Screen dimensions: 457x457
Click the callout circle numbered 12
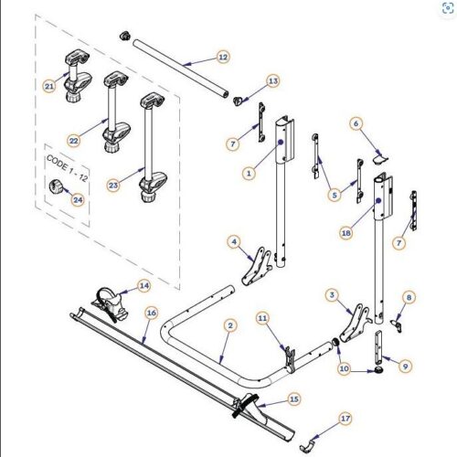tap(222, 57)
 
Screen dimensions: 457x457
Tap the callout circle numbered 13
tap(272, 81)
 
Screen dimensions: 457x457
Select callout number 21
tap(50, 86)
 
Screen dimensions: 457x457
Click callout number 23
tap(114, 185)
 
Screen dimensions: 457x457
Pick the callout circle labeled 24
tap(78, 198)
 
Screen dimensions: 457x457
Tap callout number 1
tap(248, 172)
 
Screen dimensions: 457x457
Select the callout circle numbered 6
tap(357, 122)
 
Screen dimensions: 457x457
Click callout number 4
tap(235, 242)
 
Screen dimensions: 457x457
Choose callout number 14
tap(144, 285)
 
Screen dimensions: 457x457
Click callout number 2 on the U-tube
tap(230, 324)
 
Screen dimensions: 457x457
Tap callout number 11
tap(262, 318)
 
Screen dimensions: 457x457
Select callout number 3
tap(333, 294)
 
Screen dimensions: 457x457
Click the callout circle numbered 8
tap(409, 298)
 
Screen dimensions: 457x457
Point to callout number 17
tap(345, 418)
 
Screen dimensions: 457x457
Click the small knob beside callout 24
tap(57, 189)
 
